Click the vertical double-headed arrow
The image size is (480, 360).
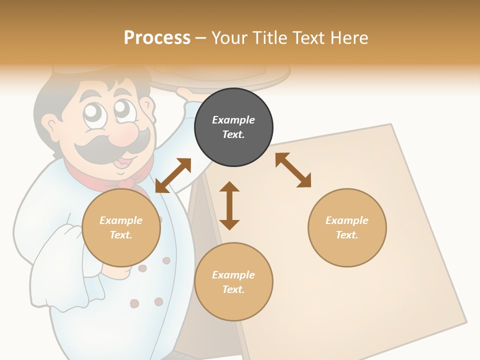click(x=229, y=205)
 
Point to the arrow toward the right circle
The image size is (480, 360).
click(x=293, y=170)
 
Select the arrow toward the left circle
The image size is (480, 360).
click(x=173, y=175)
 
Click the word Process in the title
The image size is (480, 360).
click(x=157, y=38)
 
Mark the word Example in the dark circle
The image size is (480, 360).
click(x=233, y=120)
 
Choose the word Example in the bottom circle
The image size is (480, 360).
click(x=233, y=275)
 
